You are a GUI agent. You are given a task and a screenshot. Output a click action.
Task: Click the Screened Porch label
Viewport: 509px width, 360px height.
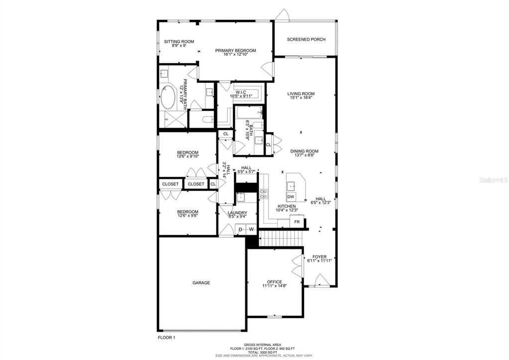click(306, 39)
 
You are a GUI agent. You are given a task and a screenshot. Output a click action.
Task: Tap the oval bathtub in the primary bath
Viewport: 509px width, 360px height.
click(168, 98)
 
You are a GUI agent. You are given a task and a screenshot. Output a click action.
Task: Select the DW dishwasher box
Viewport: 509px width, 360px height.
click(291, 197)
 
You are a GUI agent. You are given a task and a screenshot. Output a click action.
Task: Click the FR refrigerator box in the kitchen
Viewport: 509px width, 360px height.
click(297, 222)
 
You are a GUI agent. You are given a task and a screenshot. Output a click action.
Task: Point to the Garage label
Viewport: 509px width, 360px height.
click(201, 283)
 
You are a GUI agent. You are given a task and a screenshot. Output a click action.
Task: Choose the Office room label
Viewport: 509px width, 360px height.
click(274, 282)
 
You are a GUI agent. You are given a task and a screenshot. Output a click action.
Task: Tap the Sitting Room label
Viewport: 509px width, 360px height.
click(179, 42)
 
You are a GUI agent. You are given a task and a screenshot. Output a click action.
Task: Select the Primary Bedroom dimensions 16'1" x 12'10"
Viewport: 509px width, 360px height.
click(235, 54)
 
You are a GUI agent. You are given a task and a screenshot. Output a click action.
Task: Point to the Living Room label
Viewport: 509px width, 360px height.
click(301, 94)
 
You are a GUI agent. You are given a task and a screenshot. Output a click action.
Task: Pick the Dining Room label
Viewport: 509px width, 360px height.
click(304, 151)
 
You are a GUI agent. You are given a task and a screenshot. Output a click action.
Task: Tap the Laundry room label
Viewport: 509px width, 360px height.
click(237, 213)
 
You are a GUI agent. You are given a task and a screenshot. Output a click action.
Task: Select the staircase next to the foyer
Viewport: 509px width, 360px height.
click(282, 240)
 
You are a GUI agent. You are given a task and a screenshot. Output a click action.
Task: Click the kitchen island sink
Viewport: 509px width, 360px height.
click(291, 185)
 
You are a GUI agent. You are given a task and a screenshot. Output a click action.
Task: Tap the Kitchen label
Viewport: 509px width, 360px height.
click(287, 206)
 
